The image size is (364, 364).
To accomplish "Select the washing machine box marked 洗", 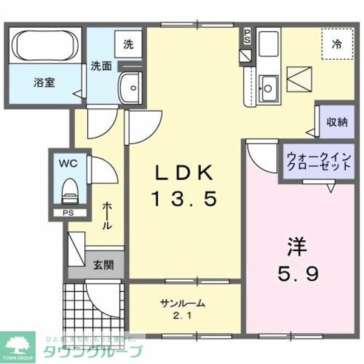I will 128,44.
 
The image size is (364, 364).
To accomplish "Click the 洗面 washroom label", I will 101,66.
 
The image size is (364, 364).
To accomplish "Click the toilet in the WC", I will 70,190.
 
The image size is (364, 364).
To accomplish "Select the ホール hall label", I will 106,216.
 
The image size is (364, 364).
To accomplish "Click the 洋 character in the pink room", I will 297,247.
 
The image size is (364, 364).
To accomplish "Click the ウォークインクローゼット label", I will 318,161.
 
